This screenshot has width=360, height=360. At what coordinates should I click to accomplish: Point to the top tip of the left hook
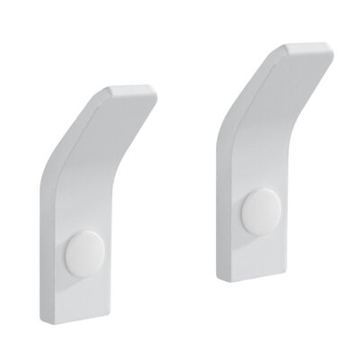pyautogui.click(x=135, y=88)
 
